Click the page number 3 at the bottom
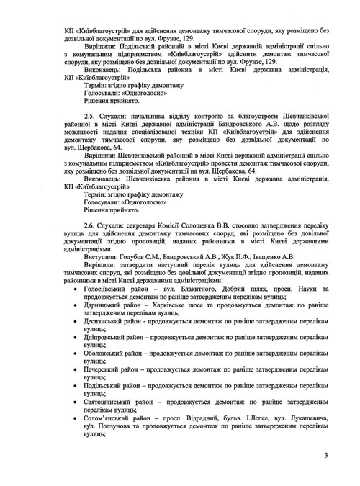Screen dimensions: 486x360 click(325, 455)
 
